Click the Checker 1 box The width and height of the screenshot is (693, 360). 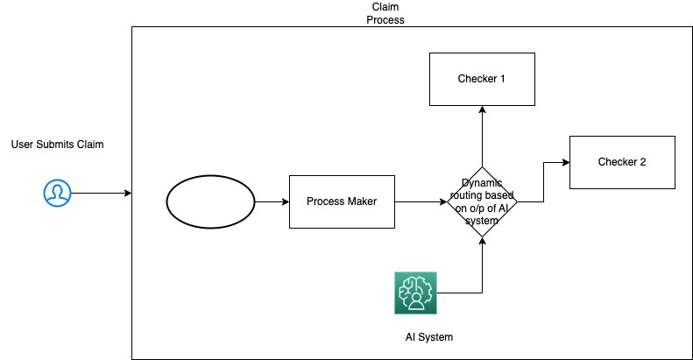tap(481, 79)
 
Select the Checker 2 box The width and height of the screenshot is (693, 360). tap(622, 162)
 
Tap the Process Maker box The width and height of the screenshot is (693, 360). tap(342, 201)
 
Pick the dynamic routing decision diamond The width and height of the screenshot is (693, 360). tap(481, 202)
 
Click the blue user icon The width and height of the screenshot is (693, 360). tap(57, 193)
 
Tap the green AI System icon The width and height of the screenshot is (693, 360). tap(416, 293)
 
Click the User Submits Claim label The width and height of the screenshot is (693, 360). tap(58, 144)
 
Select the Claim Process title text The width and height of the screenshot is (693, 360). tap(385, 13)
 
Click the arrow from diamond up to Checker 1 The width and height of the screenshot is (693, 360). tap(481, 136)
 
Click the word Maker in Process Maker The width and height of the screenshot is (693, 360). tap(360, 201)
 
